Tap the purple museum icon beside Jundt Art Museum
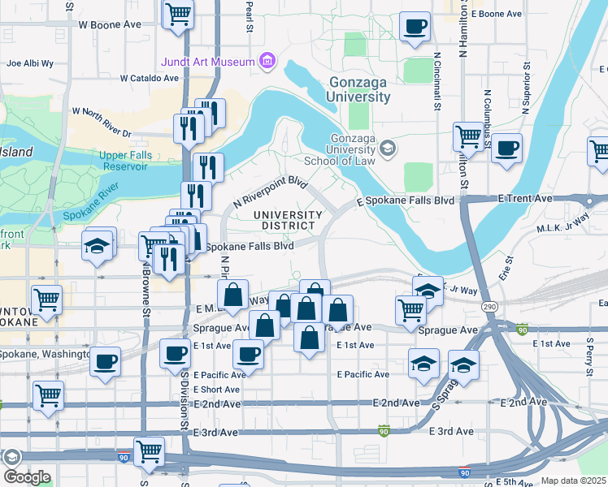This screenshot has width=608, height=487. click(x=266, y=61)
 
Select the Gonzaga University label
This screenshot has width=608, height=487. click(x=359, y=89)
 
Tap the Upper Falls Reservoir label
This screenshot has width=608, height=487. click(x=124, y=161)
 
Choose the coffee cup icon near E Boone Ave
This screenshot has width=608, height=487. click(x=415, y=26)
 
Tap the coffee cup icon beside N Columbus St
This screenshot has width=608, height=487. click(x=506, y=148)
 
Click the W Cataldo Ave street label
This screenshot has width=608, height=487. click(x=149, y=79)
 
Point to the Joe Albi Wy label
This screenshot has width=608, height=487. click(x=29, y=62)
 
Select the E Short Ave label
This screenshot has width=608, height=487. click(x=215, y=389)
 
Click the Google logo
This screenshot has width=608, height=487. click(x=26, y=477)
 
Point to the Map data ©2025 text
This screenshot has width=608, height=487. click(x=573, y=481)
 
